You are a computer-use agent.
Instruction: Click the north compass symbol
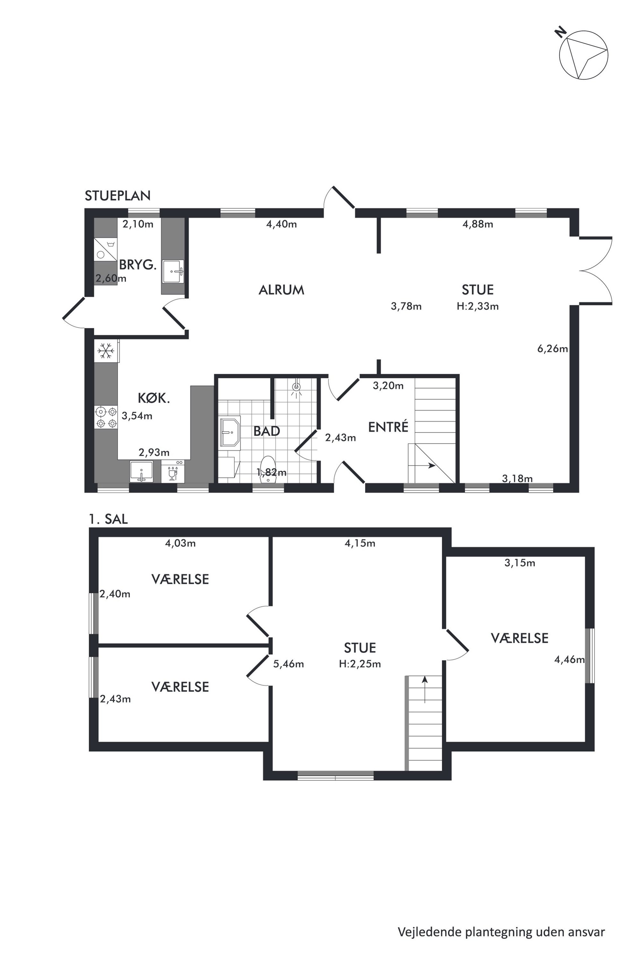pyautogui.click(x=583, y=55)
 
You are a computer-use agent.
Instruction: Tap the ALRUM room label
pyautogui.click(x=282, y=290)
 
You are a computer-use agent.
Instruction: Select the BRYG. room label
pyautogui.click(x=138, y=265)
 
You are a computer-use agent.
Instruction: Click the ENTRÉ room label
pyautogui.click(x=388, y=427)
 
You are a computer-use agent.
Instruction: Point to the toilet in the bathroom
pyautogui.click(x=267, y=469)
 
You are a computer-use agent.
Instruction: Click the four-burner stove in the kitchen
pyautogui.click(x=106, y=417)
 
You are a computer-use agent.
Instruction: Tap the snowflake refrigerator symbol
pyautogui.click(x=106, y=351)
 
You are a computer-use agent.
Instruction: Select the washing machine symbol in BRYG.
pyautogui.click(x=106, y=249)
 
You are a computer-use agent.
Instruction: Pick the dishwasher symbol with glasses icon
pyautogui.click(x=173, y=472)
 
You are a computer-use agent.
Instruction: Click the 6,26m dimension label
pyautogui.click(x=553, y=348)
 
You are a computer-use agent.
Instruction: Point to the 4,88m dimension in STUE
pyautogui.click(x=478, y=224)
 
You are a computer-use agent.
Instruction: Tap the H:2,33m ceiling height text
pyautogui.click(x=478, y=306)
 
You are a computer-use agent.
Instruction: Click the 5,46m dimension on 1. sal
pyautogui.click(x=288, y=664)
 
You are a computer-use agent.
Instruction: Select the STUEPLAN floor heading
pyautogui.click(x=118, y=196)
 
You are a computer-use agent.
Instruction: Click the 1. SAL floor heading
pyautogui.click(x=109, y=519)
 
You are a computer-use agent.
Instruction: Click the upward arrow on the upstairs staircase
pyautogui.click(x=425, y=689)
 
